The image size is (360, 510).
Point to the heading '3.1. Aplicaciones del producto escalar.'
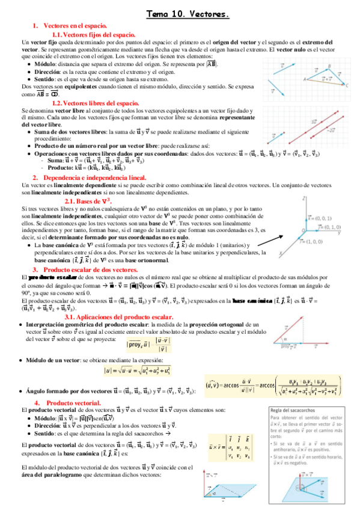(x=118, y=316)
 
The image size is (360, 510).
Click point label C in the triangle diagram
(x=348, y=85)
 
